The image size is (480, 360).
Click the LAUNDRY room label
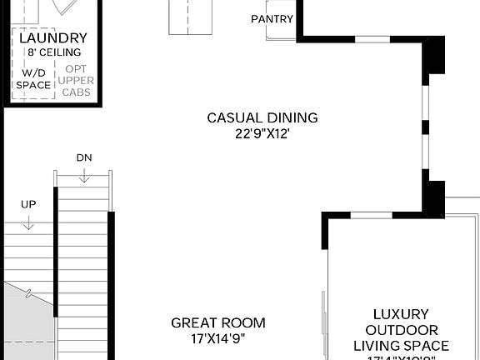52,38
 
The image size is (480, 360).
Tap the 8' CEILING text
52,52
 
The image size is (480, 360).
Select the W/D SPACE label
33,78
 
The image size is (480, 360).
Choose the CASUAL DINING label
262,117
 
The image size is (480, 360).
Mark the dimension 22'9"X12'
262,132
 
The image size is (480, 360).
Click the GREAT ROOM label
218,322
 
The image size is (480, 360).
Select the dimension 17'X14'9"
218,338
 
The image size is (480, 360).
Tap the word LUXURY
401,314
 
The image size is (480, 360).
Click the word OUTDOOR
401,330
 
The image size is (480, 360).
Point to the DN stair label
83,157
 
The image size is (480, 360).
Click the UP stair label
28,204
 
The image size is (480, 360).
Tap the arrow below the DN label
83,174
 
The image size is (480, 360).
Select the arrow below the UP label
28,222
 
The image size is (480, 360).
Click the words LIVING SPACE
401,346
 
